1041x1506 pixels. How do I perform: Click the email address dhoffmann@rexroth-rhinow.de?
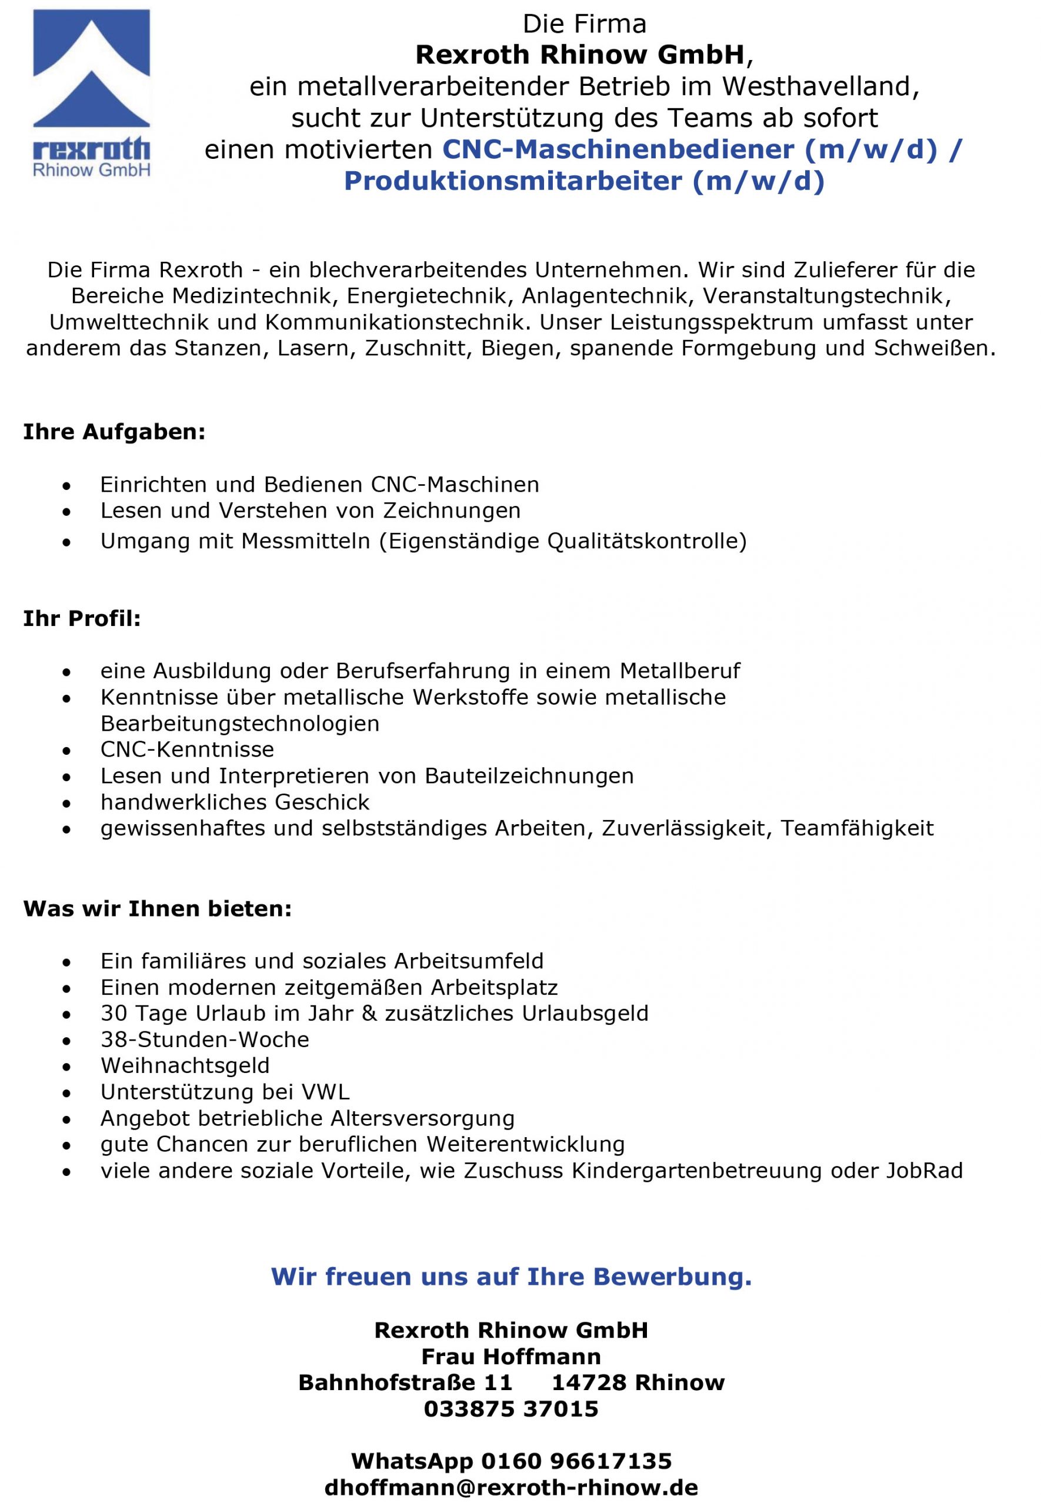point(511,1487)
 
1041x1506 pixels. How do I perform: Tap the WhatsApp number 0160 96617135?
point(576,1460)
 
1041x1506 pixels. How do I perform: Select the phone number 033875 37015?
point(511,1409)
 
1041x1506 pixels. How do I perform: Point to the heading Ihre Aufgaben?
point(114,432)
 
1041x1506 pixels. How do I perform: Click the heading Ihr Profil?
point(82,618)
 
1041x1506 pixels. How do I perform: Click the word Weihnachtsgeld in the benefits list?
point(185,1066)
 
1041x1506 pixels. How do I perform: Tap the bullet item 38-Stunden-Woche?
point(205,1039)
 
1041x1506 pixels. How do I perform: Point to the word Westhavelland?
point(820,86)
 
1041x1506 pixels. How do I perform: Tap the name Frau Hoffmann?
point(511,1357)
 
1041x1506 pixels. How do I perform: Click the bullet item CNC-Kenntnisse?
point(187,749)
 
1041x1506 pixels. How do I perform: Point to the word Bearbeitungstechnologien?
point(239,724)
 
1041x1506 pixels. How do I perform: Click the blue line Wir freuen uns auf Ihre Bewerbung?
point(511,1277)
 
